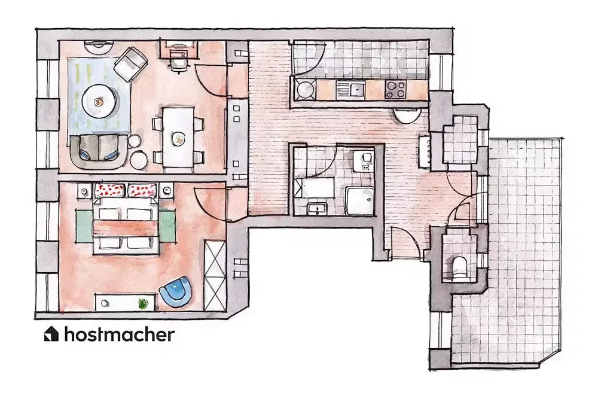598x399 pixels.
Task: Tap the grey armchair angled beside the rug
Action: coord(131,63)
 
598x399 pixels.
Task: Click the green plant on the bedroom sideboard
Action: coord(143,303)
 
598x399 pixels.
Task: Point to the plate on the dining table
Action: coord(178,138)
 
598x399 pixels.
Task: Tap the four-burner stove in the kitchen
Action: coord(395,90)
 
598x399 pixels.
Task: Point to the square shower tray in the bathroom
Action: coord(360,200)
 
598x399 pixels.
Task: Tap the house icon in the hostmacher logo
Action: coord(51,334)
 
